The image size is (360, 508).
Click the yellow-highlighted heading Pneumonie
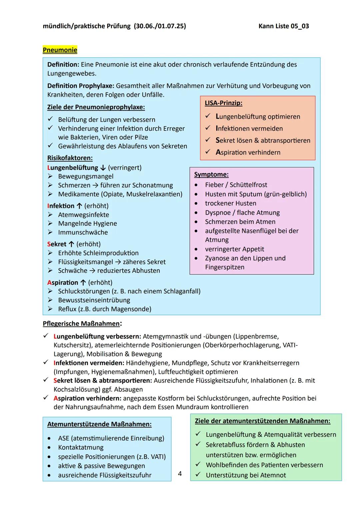click(x=60, y=50)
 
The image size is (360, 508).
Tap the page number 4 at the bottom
click(x=180, y=473)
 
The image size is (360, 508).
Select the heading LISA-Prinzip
click(x=223, y=103)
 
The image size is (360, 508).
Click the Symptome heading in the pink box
click(x=211, y=174)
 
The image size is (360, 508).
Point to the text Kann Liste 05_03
click(x=283, y=26)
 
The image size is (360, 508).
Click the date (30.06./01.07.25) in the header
click(x=160, y=26)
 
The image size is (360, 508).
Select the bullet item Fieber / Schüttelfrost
click(x=236, y=185)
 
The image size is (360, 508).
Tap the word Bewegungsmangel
click(x=86, y=176)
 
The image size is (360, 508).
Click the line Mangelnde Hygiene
click(x=87, y=224)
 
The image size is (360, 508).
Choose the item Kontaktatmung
click(x=81, y=447)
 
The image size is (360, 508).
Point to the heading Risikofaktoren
click(x=70, y=158)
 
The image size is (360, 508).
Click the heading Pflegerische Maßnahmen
click(x=82, y=324)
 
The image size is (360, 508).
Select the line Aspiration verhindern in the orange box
click(x=248, y=152)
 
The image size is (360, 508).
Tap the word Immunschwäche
click(x=83, y=232)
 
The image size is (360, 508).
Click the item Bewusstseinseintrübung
click(x=94, y=300)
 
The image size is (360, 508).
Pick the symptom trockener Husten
click(x=231, y=203)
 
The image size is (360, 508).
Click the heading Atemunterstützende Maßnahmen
click(x=99, y=424)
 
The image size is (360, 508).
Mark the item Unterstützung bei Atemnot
click(x=246, y=475)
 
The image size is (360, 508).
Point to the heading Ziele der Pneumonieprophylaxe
click(x=96, y=107)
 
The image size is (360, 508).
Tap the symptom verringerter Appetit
click(x=234, y=249)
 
